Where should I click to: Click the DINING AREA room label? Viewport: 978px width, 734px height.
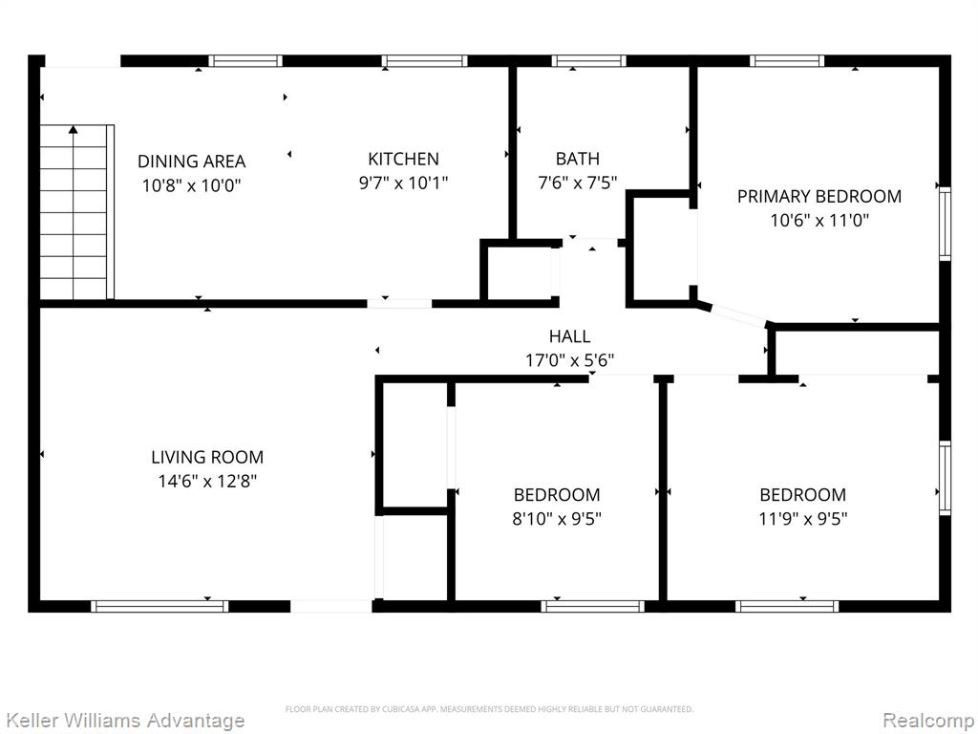pyautogui.click(x=191, y=161)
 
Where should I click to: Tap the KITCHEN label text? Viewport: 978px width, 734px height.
pyautogui.click(x=404, y=159)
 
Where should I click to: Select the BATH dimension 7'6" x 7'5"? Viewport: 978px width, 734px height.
pyautogui.click(x=578, y=183)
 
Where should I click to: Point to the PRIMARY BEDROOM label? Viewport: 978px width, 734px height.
pyautogui.click(x=819, y=196)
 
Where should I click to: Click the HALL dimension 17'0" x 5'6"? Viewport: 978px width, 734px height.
pyautogui.click(x=569, y=360)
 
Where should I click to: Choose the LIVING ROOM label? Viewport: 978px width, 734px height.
pyautogui.click(x=207, y=457)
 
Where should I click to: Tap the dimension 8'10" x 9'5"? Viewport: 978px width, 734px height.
pyautogui.click(x=557, y=519)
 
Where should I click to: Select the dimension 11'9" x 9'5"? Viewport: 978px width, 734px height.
pyautogui.click(x=802, y=519)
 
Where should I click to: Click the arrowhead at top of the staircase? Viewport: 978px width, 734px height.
pyautogui.click(x=74, y=129)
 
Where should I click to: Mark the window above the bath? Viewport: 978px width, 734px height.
pyautogui.click(x=588, y=60)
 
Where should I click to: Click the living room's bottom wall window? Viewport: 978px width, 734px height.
pyautogui.click(x=159, y=606)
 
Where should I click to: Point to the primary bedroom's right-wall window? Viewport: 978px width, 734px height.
pyautogui.click(x=945, y=224)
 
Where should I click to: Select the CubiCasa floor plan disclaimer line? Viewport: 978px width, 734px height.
pyautogui.click(x=489, y=709)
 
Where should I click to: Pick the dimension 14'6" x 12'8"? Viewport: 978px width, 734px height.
pyautogui.click(x=207, y=482)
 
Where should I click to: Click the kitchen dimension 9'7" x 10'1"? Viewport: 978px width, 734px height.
pyautogui.click(x=404, y=183)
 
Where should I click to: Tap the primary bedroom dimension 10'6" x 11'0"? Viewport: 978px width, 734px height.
pyautogui.click(x=819, y=221)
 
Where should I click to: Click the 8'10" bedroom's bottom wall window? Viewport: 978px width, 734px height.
pyautogui.click(x=592, y=606)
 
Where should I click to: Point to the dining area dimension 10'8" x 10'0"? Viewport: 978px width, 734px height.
pyautogui.click(x=191, y=185)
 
